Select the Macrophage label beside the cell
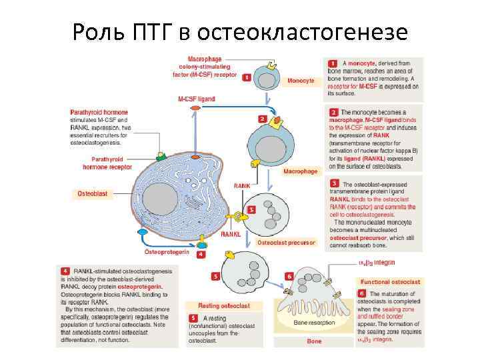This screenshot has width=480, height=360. pos(301,171)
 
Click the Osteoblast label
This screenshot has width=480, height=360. pos(92,193)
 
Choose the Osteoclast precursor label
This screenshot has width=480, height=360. pos(286,243)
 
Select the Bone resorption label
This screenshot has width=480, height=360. pos(315,322)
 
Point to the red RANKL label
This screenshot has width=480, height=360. pos(231,234)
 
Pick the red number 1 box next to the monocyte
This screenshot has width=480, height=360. pos(247,77)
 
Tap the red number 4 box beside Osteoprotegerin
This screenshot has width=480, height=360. pos(201,255)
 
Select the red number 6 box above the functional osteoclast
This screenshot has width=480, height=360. pos(289,275)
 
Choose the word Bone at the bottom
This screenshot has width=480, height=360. pos(314,341)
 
